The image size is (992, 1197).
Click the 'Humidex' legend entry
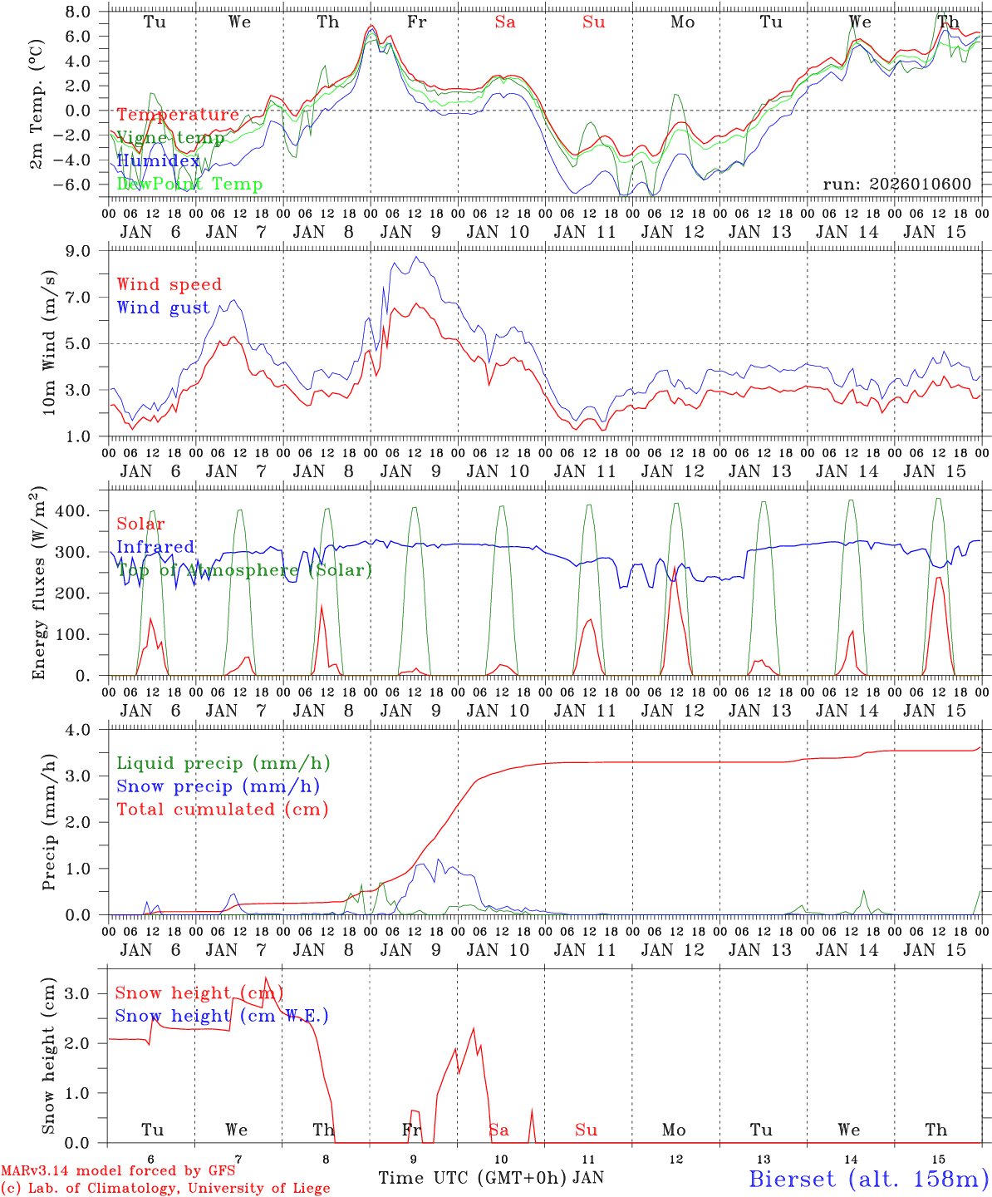[x=159, y=161]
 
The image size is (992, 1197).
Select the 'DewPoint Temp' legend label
[x=189, y=185]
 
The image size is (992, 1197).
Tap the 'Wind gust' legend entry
[x=164, y=308]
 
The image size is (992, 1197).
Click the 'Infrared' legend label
[x=155, y=547]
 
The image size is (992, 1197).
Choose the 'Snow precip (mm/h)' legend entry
[x=219, y=786]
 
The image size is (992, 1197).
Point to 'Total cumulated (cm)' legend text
[x=223, y=810]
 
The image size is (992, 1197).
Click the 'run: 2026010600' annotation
[x=896, y=185]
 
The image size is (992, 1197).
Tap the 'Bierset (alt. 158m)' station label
[x=868, y=1179]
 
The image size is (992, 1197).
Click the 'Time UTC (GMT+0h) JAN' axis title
[x=491, y=1178]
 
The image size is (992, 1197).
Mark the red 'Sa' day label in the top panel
[x=505, y=22]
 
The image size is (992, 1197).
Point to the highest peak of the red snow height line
[x=266, y=978]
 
